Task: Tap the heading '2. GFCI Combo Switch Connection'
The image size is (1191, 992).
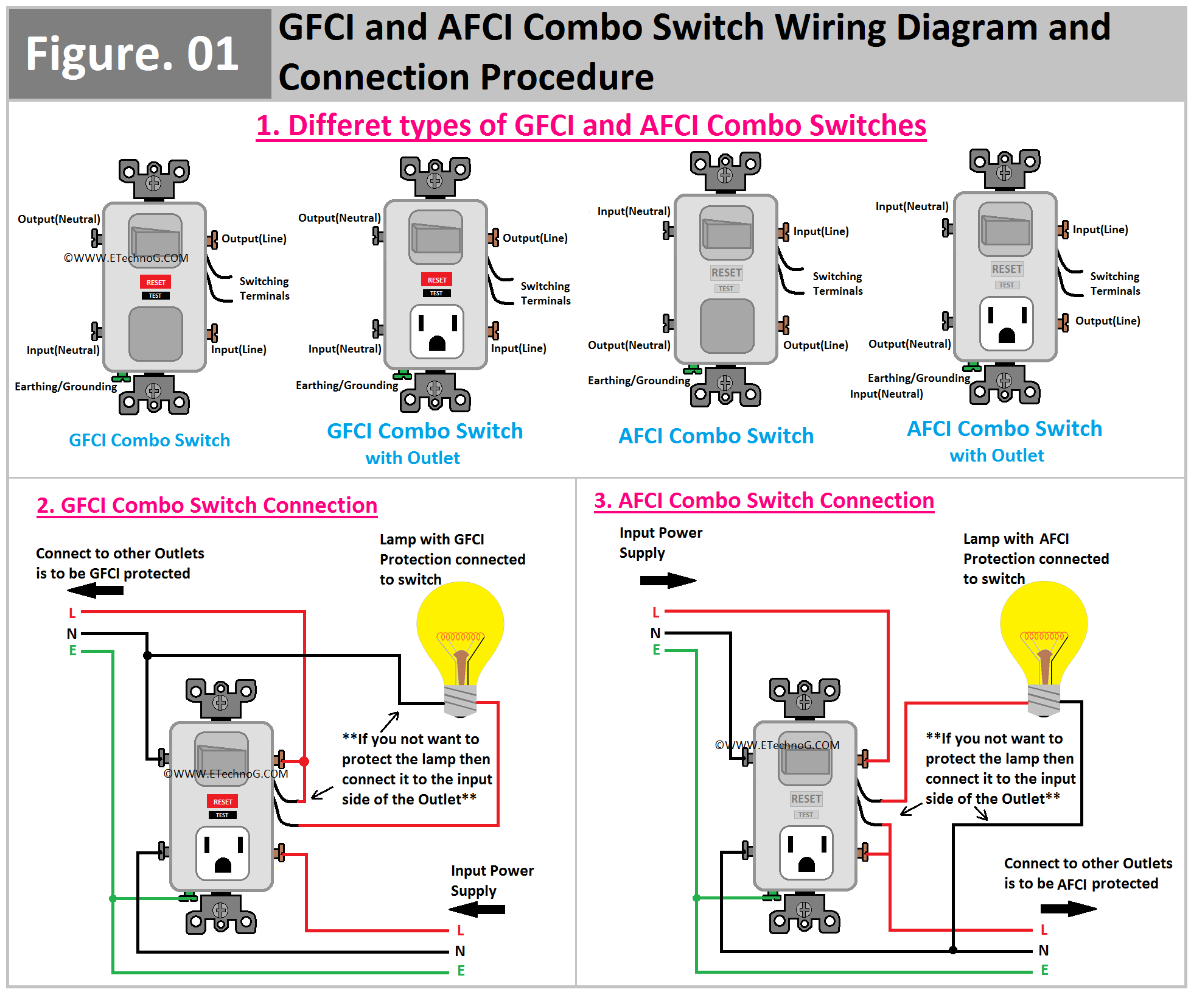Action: coord(207,505)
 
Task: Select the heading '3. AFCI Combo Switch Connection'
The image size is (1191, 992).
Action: coord(764,501)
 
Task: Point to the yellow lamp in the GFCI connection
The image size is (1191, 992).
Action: coord(461,633)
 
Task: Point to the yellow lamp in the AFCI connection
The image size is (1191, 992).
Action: coord(1044,633)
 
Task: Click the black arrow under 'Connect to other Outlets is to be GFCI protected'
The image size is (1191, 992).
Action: coord(96,590)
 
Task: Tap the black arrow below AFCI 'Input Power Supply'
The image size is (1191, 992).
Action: coord(668,580)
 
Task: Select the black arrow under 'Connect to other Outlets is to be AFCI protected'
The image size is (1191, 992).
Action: coord(1068,909)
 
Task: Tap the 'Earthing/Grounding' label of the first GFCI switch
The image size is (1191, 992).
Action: coord(66,387)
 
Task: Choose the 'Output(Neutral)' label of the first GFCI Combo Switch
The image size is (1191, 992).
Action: coord(59,219)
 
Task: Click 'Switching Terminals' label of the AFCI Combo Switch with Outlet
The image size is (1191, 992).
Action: coord(1115,284)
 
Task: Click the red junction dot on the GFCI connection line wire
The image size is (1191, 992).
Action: coord(304,761)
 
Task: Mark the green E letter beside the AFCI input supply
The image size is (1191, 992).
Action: coord(657,650)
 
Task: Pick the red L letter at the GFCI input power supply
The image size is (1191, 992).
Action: coord(461,930)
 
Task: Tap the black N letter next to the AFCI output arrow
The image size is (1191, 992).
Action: coord(1044,951)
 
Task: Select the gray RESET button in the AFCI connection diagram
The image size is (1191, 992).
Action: coord(806,798)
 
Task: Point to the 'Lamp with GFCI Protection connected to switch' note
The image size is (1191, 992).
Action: coord(452,559)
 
